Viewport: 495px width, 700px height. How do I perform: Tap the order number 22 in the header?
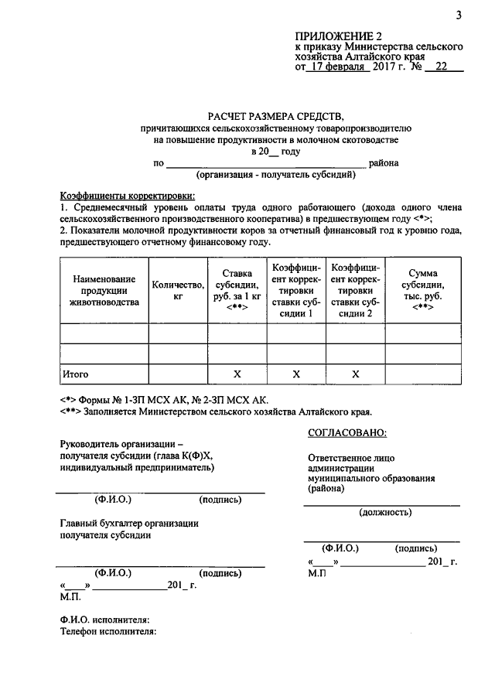(x=442, y=67)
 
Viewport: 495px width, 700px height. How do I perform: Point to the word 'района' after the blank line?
(x=384, y=163)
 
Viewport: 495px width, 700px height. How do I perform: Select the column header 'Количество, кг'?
(x=178, y=290)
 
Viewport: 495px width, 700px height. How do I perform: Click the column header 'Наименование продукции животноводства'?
(x=104, y=290)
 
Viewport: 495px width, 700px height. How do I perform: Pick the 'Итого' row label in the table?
(x=76, y=374)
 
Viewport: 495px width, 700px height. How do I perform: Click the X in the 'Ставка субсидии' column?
(x=237, y=374)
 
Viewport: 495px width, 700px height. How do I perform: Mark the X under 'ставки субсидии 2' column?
(x=356, y=374)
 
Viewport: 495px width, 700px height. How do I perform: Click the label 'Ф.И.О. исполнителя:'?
(x=104, y=619)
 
